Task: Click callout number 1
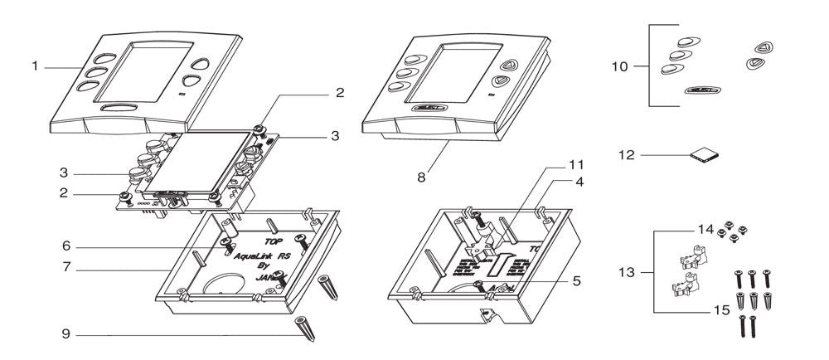pos(36,66)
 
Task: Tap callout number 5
pos(576,280)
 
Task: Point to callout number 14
pos(704,227)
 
